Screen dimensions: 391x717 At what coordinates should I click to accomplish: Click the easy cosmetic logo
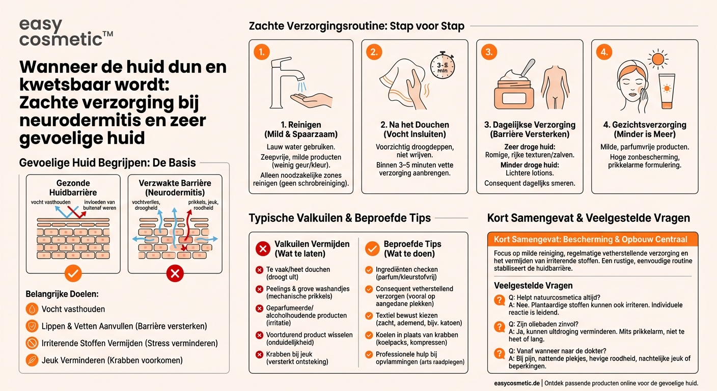(66, 33)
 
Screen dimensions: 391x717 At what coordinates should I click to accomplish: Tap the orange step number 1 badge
(262, 52)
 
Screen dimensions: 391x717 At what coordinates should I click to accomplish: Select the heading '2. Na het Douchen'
(415, 125)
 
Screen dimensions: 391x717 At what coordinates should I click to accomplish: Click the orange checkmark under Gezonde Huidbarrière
(73, 274)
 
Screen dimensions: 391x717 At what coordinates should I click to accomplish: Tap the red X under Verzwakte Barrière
(175, 274)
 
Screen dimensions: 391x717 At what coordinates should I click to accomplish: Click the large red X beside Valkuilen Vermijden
(263, 248)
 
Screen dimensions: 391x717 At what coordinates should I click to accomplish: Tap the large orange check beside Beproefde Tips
(372, 248)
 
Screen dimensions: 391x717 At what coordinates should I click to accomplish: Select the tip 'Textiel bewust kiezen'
(406, 316)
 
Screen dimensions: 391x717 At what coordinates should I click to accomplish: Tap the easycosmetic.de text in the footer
(516, 383)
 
